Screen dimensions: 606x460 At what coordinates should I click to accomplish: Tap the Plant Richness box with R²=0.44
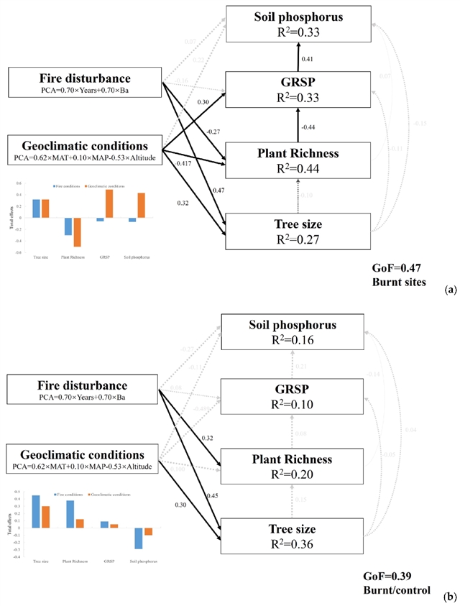click(x=298, y=159)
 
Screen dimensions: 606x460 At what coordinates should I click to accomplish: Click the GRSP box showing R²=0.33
click(x=298, y=90)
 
